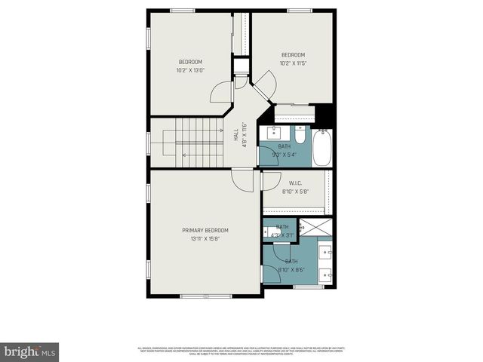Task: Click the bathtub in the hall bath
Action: [323, 147]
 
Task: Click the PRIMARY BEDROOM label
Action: [205, 230]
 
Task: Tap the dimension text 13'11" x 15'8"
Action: [205, 239]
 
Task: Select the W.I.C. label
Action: [296, 183]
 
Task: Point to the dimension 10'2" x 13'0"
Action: [190, 70]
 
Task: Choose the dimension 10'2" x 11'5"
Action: [293, 63]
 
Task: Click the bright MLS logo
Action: [30, 351]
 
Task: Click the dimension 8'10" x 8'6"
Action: [291, 269]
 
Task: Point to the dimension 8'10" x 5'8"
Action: [296, 192]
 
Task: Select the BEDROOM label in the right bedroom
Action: [293, 54]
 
